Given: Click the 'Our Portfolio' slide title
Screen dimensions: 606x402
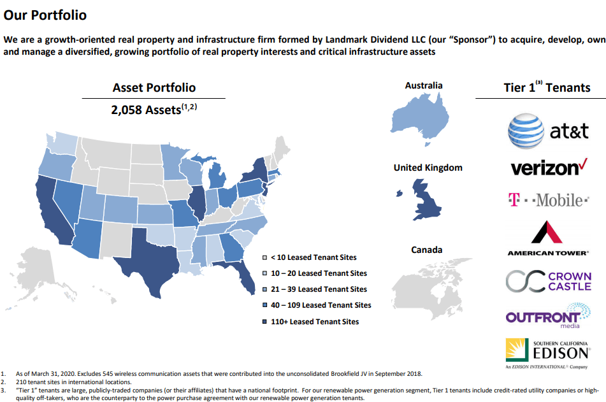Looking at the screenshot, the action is pos(45,15).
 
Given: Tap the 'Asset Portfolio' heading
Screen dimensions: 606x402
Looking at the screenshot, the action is pos(154,88).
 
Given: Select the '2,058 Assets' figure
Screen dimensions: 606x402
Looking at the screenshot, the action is pos(154,110).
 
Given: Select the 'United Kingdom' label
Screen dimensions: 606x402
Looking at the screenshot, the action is pos(428,168).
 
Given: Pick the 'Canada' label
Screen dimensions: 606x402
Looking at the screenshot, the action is pos(427,250).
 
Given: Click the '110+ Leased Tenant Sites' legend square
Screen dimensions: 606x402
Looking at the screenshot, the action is pos(264,322).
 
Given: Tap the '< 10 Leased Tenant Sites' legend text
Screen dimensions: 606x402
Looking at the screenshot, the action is pos(314,257).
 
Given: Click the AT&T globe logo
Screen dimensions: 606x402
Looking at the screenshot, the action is pos(526,131).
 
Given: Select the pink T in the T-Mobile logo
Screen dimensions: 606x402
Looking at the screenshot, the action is pos(514,199).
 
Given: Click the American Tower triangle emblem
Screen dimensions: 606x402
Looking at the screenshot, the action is pos(547,232).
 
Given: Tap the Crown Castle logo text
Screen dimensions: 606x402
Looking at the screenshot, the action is pos(570,282).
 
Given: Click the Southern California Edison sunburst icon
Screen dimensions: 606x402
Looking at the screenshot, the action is pos(517,350).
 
